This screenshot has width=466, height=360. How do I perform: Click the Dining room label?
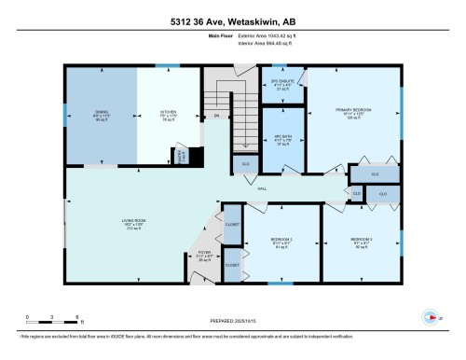coord(101,115)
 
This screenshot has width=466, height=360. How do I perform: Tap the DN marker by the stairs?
coord(216,116)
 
